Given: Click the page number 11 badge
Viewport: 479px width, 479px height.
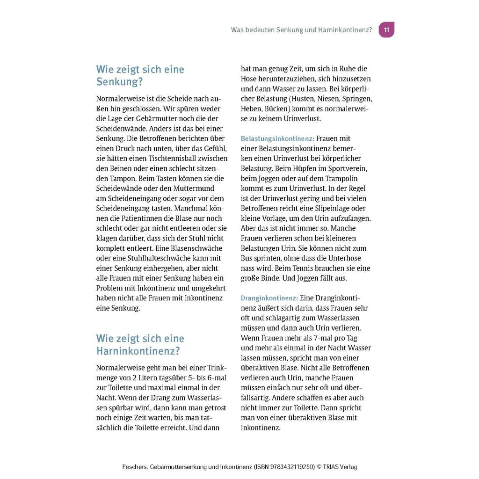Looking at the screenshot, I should pos(386,30).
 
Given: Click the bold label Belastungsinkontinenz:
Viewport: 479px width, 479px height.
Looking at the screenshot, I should pos(277,139).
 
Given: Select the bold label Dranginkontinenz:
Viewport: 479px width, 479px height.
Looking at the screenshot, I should pos(269,298).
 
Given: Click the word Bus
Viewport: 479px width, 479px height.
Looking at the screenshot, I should pos(247,258).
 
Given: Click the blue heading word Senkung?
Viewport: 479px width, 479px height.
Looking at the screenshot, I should pos(119,82).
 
